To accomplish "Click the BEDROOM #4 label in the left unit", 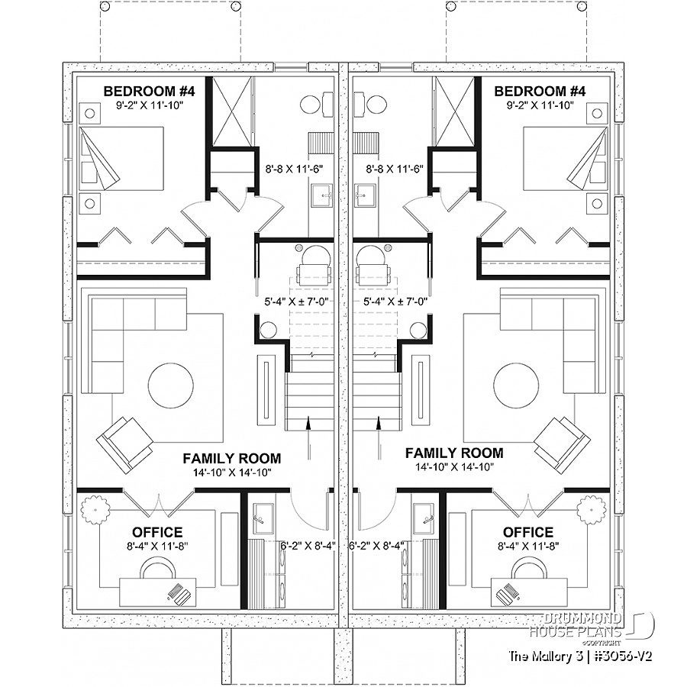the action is click(x=149, y=91).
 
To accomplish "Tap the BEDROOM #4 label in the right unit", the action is click(x=540, y=91).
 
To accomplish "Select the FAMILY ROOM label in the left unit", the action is click(x=232, y=458).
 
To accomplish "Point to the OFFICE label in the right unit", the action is click(x=528, y=532).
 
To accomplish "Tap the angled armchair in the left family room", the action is click(x=125, y=445).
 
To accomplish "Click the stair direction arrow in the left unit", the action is click(x=309, y=438).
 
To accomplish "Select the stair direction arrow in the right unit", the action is click(x=378, y=438).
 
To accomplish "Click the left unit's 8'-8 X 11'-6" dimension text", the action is click(x=295, y=169).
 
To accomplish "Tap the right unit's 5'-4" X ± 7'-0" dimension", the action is click(x=395, y=302).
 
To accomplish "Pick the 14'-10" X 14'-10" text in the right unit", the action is click(x=455, y=467).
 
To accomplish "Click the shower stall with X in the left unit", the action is click(x=232, y=111).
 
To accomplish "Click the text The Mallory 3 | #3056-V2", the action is click(x=581, y=656).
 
